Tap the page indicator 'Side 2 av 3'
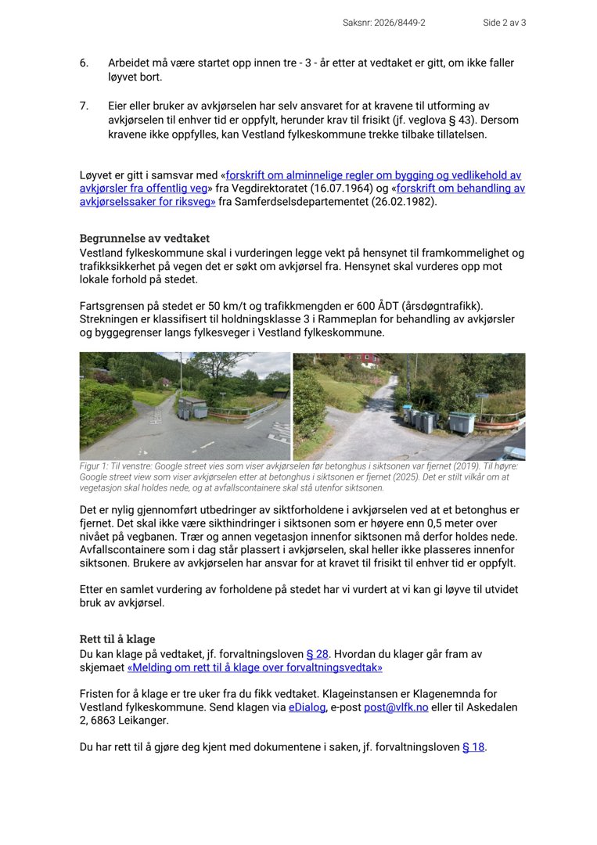pyautogui.click(x=504, y=23)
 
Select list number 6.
pyautogui.click(x=84, y=63)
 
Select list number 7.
pyautogui.click(x=84, y=106)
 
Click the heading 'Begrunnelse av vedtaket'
pyautogui.click(x=145, y=239)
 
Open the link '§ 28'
pyautogui.click(x=317, y=654)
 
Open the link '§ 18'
pyautogui.click(x=473, y=747)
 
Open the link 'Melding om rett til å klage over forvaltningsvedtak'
pyautogui.click(x=255, y=668)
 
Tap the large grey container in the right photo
pyautogui.click(x=461, y=422)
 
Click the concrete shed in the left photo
pyautogui.click(x=192, y=407)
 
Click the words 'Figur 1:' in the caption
pyautogui.click(x=95, y=466)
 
